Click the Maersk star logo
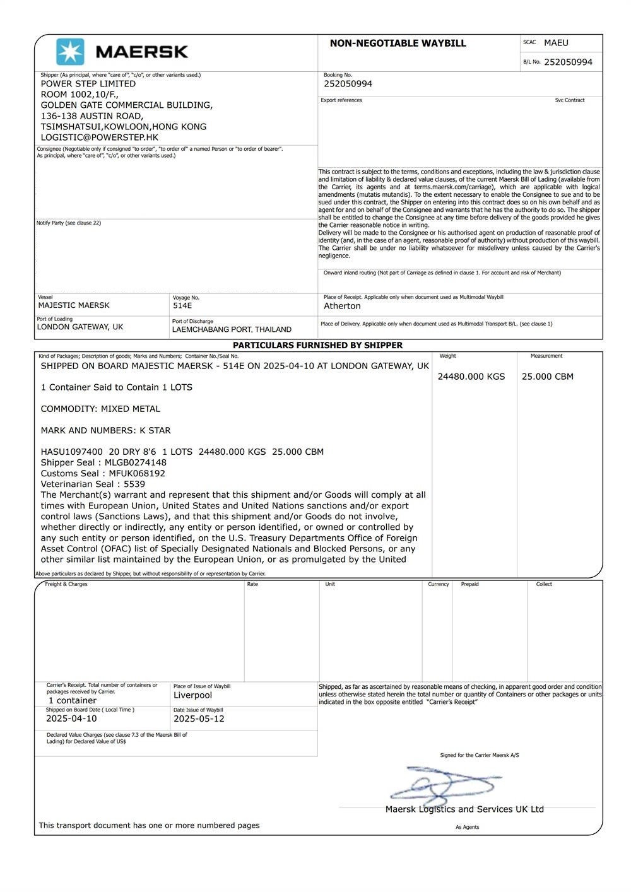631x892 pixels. tap(70, 52)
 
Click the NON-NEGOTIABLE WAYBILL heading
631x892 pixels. tap(398, 44)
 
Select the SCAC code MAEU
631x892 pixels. tap(556, 43)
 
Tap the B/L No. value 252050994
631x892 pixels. tap(568, 62)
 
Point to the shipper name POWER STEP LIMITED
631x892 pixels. tap(88, 84)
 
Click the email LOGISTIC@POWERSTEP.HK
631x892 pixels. tap(100, 138)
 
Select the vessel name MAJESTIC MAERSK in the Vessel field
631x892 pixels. tap(74, 305)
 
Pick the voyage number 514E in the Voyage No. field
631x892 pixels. tap(182, 306)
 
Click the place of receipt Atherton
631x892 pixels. tap(342, 306)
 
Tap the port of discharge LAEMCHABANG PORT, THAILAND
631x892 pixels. tap(232, 329)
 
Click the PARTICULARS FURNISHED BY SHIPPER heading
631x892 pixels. tap(317, 346)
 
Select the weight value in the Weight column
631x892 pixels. tap(471, 377)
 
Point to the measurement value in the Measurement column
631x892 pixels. tap(548, 377)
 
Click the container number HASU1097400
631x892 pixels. tap(72, 452)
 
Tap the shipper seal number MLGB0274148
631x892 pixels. tap(136, 462)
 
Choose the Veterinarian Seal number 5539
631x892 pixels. tap(134, 484)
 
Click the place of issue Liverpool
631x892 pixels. tap(192, 695)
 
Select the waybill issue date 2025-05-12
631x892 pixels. tap(199, 719)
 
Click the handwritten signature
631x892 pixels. tap(442, 785)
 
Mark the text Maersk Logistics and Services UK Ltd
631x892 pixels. tap(464, 809)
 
